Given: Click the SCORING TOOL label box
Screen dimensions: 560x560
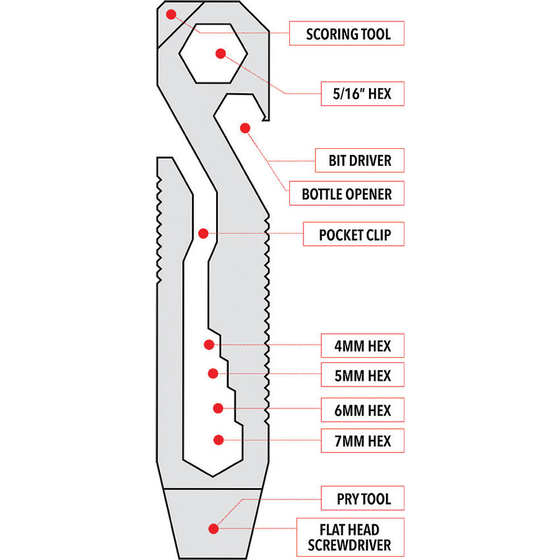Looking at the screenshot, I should tap(347, 34).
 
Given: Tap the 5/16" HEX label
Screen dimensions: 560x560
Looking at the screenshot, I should tap(362, 94).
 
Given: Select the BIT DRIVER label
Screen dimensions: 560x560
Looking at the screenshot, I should tap(360, 160).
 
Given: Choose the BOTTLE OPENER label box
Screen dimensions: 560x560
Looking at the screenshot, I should tap(347, 194).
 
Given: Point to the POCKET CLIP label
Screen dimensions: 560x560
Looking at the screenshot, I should tap(353, 235).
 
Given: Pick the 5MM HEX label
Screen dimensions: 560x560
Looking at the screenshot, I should tap(362, 376).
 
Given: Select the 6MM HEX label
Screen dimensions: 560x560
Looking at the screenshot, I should tap(362, 410).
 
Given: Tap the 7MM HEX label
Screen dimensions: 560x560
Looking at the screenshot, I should tap(362, 440).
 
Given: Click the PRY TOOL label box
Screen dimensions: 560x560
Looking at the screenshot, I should tap(362, 499).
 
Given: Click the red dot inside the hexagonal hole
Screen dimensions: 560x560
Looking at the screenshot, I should tap(221, 53).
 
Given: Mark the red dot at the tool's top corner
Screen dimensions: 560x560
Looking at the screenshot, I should tap(171, 14).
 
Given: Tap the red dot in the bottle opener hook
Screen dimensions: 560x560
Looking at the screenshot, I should tap(244, 126).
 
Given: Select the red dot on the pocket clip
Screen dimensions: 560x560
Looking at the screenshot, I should tap(203, 233).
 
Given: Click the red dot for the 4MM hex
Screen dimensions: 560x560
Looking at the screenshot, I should tap(209, 344).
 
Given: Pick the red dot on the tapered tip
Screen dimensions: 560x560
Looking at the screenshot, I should tap(213, 528).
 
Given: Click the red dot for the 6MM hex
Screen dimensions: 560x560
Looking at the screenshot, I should tap(217, 408).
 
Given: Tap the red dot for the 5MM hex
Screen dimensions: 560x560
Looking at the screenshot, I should tap(213, 374).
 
